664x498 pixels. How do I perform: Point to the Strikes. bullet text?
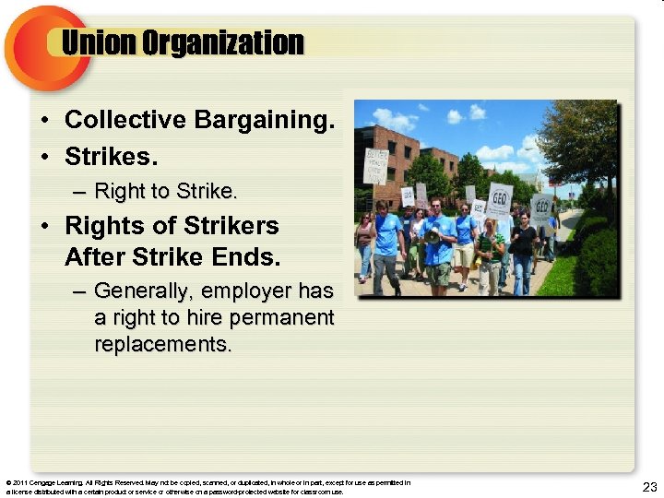[106, 157]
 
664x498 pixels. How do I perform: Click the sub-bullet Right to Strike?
[166, 192]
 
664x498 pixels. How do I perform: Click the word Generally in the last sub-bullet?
[143, 291]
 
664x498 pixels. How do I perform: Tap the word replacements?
[163, 345]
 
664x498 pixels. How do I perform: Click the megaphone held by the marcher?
[430, 236]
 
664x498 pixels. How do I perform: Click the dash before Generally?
[79, 291]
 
